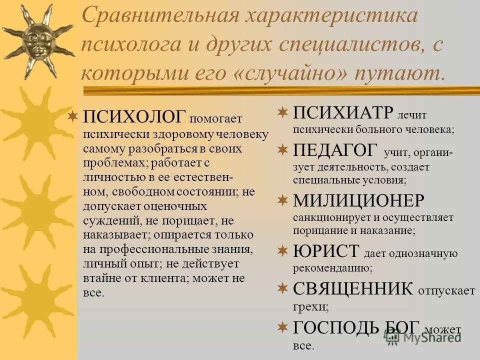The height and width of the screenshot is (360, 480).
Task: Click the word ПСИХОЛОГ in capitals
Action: pos(134,117)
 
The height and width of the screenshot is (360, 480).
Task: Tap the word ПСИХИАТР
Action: pos(343,112)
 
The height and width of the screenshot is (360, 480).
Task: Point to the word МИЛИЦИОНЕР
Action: pos(358,201)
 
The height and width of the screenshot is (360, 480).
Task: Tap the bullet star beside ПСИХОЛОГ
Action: pos(73,117)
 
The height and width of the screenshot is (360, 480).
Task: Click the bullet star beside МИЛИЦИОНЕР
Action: pos(283,201)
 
